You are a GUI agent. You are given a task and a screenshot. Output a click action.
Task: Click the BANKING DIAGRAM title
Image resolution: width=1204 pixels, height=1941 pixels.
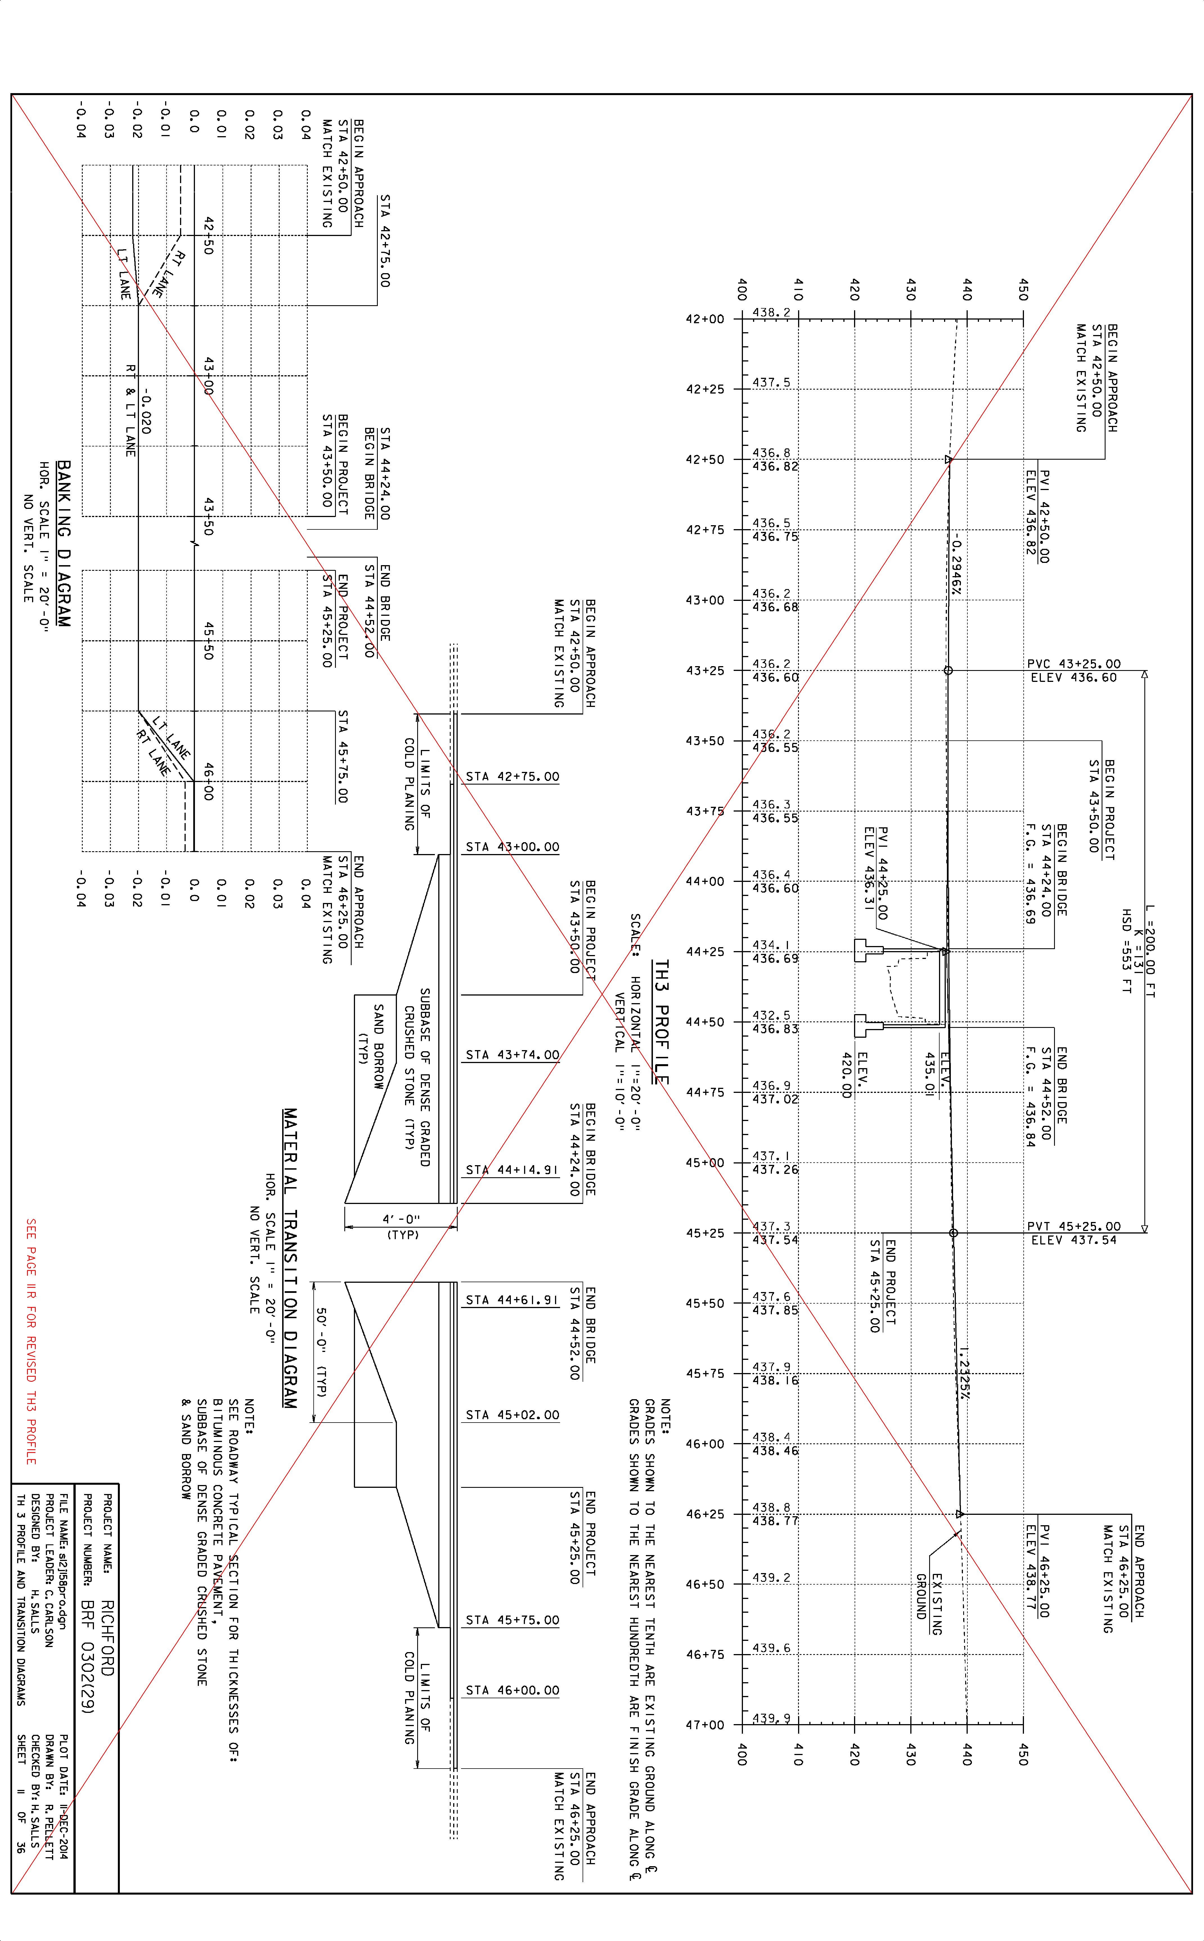64,544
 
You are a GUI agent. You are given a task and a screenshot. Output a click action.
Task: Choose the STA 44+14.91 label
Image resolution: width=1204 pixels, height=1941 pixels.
512,1170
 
